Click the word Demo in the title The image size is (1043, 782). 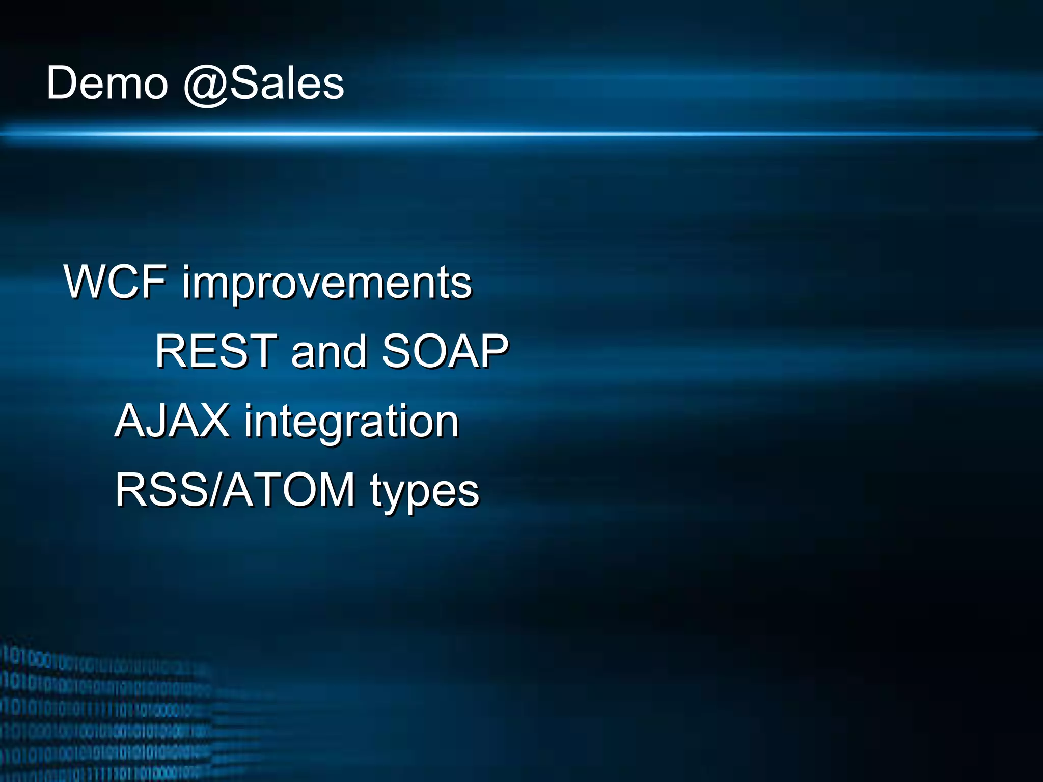(107, 83)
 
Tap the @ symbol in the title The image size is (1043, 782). (206, 85)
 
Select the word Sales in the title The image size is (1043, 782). (287, 83)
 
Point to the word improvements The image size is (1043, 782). (327, 284)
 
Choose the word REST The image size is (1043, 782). (216, 351)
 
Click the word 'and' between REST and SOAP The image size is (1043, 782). (328, 351)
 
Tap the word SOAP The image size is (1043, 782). (445, 351)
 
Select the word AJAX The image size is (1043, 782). (172, 421)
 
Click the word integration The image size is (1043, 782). (351, 423)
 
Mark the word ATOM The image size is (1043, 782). (289, 490)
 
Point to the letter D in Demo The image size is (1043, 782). (61, 83)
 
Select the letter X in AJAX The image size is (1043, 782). (213, 421)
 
